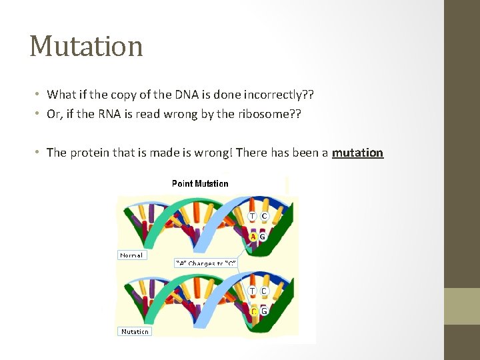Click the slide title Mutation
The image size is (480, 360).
pos(86,46)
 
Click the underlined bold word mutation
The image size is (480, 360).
pos(357,153)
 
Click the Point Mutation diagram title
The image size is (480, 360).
pos(200,183)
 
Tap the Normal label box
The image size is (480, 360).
pos(132,255)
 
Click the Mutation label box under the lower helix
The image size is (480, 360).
pos(135,331)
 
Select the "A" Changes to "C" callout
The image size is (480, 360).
pos(205,263)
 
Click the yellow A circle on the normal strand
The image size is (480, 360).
pos(253,236)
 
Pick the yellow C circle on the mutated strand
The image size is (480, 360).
pos(253,311)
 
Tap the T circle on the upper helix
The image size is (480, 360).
pos(253,216)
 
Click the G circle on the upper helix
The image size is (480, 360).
pos(263,236)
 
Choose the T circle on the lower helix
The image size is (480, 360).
pos(253,291)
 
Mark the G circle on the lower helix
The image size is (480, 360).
pos(264,311)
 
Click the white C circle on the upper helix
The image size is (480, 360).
pos(264,216)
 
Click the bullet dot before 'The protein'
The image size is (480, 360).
pos(39,153)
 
